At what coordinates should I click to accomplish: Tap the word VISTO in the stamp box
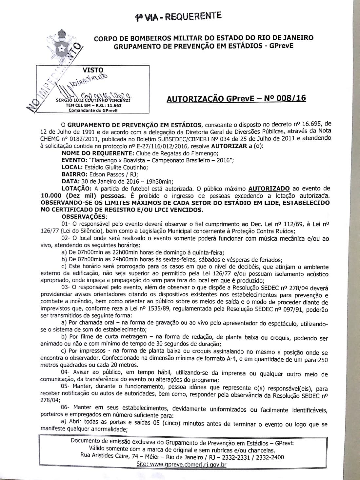(93, 70)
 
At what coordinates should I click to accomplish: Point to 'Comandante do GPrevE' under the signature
(93, 110)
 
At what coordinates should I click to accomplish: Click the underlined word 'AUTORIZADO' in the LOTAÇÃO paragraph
(269, 189)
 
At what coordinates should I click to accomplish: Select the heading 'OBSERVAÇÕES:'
(84, 217)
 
